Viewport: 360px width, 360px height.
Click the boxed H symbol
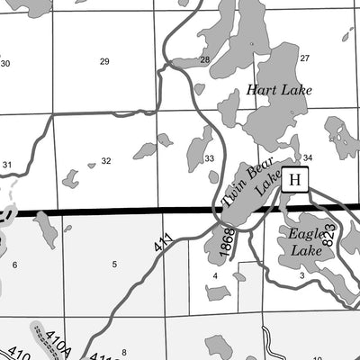[x=295, y=180]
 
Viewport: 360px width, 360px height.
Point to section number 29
[x=104, y=61]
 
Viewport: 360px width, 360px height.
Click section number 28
[x=204, y=60]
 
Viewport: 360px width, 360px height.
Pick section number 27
[x=304, y=58]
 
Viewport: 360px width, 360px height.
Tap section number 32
[x=106, y=161]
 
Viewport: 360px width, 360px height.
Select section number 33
[x=209, y=158]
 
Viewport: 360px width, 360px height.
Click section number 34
[x=307, y=157]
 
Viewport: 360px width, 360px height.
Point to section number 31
[x=7, y=165]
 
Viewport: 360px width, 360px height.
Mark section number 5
[x=114, y=264]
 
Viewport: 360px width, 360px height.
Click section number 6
[x=14, y=265]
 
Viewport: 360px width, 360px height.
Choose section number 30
[x=5, y=63]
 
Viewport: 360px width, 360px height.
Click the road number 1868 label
[x=225, y=240]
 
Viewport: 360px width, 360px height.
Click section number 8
[x=124, y=352]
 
